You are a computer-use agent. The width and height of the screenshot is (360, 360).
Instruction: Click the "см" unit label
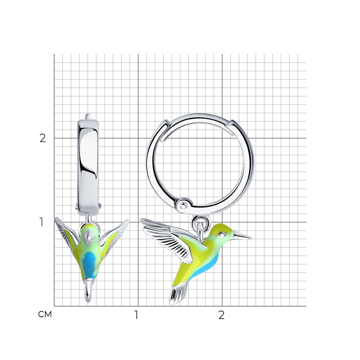45,314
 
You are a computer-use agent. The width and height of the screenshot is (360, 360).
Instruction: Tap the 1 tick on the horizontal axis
136,315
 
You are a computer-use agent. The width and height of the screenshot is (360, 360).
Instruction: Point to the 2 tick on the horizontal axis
221,315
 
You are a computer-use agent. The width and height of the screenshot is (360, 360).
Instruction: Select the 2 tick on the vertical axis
43,138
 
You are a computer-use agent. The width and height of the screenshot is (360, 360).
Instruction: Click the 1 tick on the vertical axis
41,222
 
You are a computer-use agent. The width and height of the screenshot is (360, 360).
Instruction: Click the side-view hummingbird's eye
222,234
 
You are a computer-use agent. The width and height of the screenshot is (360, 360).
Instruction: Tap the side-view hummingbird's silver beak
242,235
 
